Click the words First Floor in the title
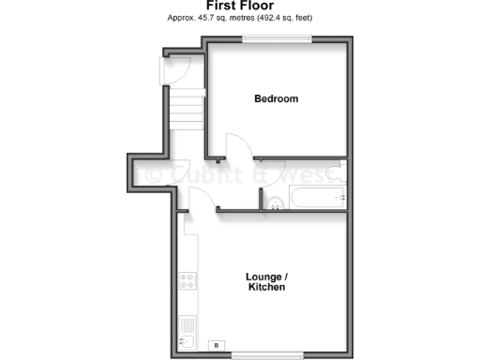pyautogui.click(x=240, y=6)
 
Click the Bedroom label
pyautogui.click(x=277, y=98)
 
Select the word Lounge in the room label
pyautogui.click(x=263, y=276)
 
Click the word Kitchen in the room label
pyautogui.click(x=267, y=287)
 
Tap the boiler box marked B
pyautogui.click(x=218, y=345)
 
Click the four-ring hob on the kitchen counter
pyautogui.click(x=187, y=278)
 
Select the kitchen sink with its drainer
pyautogui.click(x=187, y=330)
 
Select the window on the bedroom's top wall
pyautogui.click(x=277, y=38)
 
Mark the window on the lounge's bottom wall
pyautogui.click(x=267, y=353)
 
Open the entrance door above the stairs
pyautogui.click(x=178, y=68)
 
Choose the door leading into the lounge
pyautogui.click(x=198, y=200)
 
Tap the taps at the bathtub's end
pyautogui.click(x=342, y=198)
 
